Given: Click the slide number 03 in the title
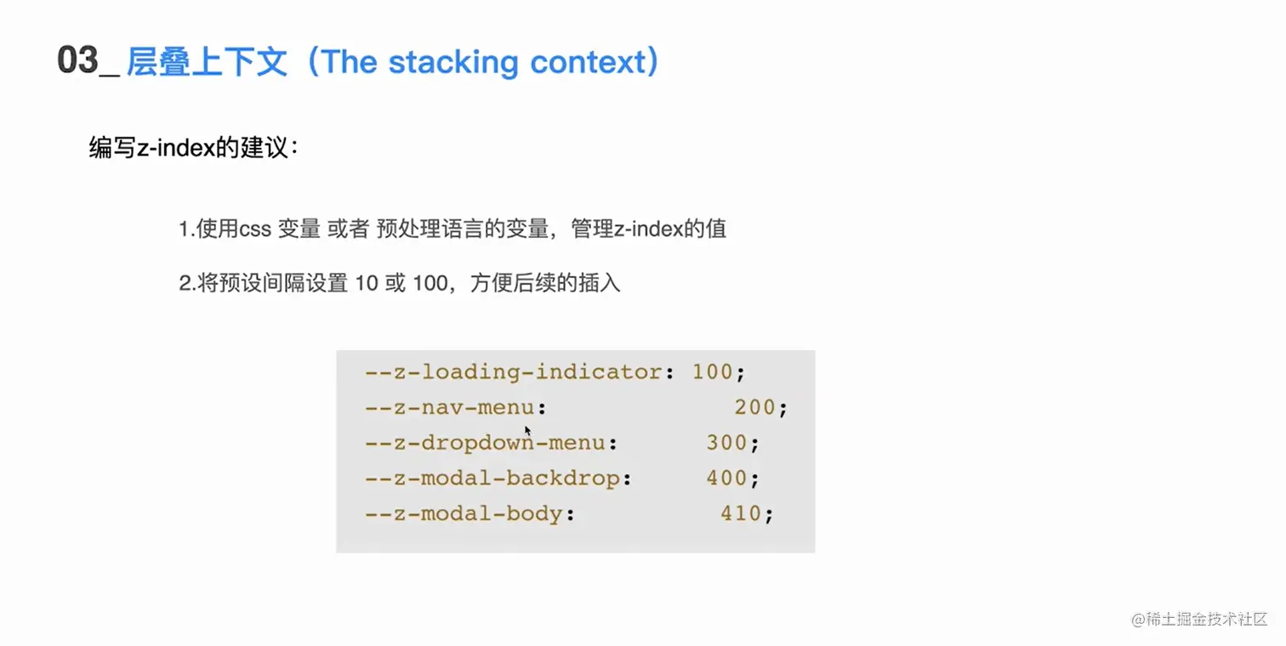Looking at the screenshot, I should (x=77, y=62).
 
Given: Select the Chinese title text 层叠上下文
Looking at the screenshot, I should (x=207, y=63).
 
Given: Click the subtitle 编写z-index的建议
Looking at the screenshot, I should (x=195, y=147).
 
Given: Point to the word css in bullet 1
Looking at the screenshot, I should (x=253, y=229).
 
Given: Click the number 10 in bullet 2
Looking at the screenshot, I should (x=367, y=283).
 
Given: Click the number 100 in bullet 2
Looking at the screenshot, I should (x=430, y=283).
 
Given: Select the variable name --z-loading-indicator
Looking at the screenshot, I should (x=514, y=371).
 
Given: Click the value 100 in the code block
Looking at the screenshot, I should (x=713, y=371).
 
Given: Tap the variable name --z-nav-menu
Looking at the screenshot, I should (x=450, y=407).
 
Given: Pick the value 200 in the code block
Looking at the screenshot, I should (x=755, y=407).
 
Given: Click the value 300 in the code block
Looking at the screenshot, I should (x=726, y=443).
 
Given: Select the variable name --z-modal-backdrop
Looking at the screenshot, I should (x=492, y=479).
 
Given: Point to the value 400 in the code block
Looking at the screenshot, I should (x=726, y=479).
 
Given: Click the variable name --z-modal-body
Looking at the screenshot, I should (x=464, y=514).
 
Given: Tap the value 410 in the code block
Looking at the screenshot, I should (x=741, y=514).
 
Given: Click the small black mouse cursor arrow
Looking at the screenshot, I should (x=527, y=430).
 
